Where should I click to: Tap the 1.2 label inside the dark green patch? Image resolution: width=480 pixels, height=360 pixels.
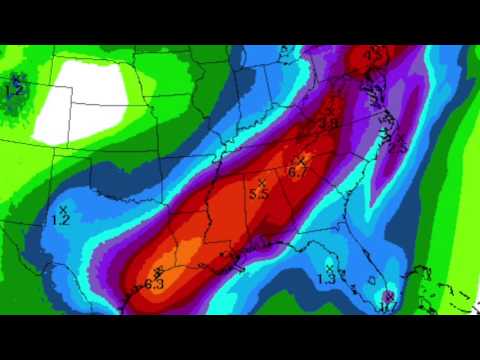pos(15,91)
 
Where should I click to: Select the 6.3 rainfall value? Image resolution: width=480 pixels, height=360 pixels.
pos(154,284)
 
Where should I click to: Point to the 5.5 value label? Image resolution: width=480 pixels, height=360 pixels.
pos(259,194)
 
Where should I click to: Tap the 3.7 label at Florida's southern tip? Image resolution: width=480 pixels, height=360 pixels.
pos(387,306)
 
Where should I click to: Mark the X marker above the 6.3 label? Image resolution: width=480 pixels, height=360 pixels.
pos(158,273)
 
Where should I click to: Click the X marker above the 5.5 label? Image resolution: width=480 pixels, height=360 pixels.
pos(261,183)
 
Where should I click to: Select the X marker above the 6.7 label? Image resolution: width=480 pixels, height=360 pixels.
pos(300,160)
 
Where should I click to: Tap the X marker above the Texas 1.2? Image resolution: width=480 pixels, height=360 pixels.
pos(63,207)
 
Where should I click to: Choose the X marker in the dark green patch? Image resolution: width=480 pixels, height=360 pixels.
pos(17,79)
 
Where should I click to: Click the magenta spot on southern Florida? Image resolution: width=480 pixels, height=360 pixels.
pos(387,295)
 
